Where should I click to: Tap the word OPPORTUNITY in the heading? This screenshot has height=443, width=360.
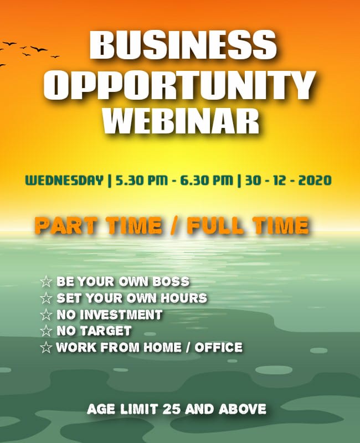click(179, 85)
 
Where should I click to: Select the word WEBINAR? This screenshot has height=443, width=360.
click(181, 121)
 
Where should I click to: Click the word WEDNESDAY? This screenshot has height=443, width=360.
click(64, 181)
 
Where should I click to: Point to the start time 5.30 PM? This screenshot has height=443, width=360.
click(142, 181)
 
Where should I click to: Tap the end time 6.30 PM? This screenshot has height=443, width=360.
click(207, 181)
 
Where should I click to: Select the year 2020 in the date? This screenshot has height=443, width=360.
click(315, 181)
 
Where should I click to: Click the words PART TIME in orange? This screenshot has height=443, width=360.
click(99, 226)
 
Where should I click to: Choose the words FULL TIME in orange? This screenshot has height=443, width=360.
click(248, 226)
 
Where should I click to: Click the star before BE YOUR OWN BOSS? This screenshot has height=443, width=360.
click(46, 281)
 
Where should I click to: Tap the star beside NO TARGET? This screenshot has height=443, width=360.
click(46, 331)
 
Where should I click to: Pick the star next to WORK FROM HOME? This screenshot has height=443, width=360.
click(46, 348)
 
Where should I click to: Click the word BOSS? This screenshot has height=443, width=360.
click(171, 281)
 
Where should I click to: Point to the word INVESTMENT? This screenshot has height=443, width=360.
click(121, 315)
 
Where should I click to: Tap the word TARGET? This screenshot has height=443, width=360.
click(106, 331)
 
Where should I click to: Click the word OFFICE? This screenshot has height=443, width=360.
click(218, 348)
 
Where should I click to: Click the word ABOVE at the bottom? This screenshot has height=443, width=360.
click(242, 409)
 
